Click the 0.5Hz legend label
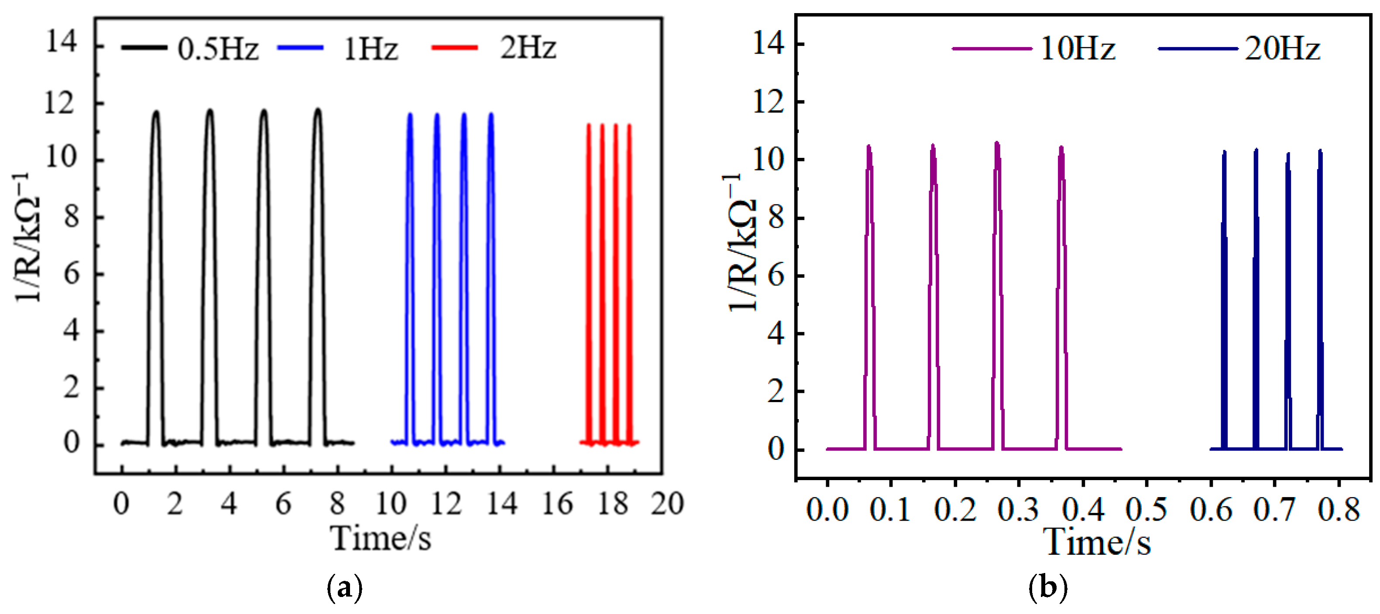[218, 49]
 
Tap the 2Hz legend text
[528, 48]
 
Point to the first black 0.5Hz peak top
[156, 112]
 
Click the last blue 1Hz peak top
[491, 114]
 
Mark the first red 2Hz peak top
[589, 125]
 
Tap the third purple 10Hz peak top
[997, 143]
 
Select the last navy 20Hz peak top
[1320, 151]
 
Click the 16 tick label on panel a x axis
[558, 504]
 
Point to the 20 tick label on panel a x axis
[667, 504]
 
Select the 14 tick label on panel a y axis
[61, 41]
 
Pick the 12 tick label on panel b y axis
[768, 102]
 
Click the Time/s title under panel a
[381, 538]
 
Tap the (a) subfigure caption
[344, 588]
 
